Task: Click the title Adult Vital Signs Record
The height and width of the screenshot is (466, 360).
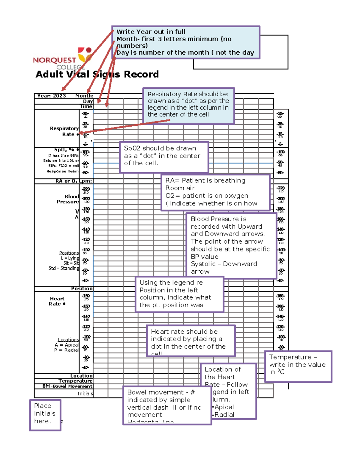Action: [97, 74]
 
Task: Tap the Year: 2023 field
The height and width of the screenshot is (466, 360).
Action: [51, 96]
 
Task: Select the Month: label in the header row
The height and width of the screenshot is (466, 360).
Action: [84, 96]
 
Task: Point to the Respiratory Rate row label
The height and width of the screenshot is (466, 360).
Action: [64, 131]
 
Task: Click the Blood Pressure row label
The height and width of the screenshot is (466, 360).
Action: [68, 199]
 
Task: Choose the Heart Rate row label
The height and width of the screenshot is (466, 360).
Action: [57, 301]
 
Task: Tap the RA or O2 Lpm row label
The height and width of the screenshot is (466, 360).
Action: [74, 181]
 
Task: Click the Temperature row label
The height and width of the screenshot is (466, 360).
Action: [75, 381]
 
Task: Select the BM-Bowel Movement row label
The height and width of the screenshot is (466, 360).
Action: [67, 386]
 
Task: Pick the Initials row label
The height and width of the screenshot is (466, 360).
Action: [85, 394]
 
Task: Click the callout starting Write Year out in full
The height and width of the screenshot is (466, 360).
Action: [185, 42]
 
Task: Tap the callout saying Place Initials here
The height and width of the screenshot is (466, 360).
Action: [45, 415]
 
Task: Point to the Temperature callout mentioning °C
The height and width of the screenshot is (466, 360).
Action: [298, 366]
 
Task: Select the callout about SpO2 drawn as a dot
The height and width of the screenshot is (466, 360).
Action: [164, 157]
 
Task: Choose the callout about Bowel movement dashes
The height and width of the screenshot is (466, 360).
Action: [167, 406]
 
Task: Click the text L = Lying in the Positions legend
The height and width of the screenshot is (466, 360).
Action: [70, 258]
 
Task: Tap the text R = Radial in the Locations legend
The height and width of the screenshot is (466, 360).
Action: [66, 350]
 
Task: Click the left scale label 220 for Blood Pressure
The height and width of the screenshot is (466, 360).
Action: [86, 189]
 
